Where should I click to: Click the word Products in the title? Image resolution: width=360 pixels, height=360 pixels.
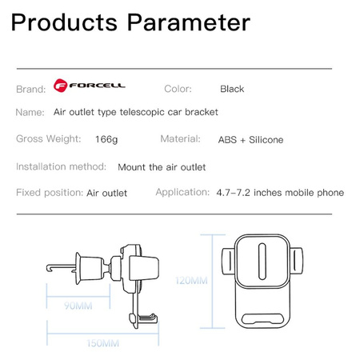click(64, 22)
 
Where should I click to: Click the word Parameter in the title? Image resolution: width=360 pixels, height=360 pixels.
click(189, 22)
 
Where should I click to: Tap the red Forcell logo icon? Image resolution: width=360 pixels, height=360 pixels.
click(60, 86)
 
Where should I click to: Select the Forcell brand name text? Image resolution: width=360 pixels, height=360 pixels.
click(97, 86)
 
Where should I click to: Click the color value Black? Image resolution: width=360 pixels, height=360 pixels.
click(232, 89)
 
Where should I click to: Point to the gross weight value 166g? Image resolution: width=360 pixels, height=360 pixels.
click(106, 139)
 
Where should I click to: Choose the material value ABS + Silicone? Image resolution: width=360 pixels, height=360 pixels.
click(250, 140)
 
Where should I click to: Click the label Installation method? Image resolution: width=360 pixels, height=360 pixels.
click(61, 166)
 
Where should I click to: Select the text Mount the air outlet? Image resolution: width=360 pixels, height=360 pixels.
click(162, 167)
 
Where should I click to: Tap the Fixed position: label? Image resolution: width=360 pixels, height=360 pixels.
click(50, 193)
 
